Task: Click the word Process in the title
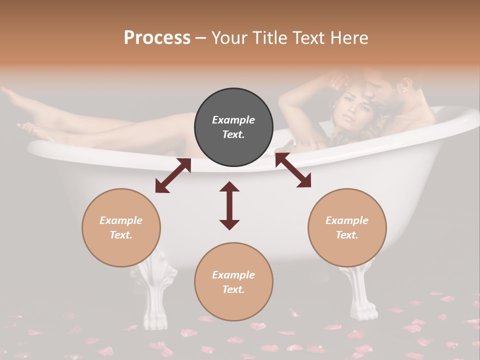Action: [157, 38]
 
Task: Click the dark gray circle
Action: [233, 127]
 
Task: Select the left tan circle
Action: [121, 227]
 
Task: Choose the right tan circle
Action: [347, 227]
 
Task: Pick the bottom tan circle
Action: [233, 282]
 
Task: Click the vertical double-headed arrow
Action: [229, 205]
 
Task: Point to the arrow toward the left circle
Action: [173, 175]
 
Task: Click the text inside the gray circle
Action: [233, 127]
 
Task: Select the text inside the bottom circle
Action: [233, 282]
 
